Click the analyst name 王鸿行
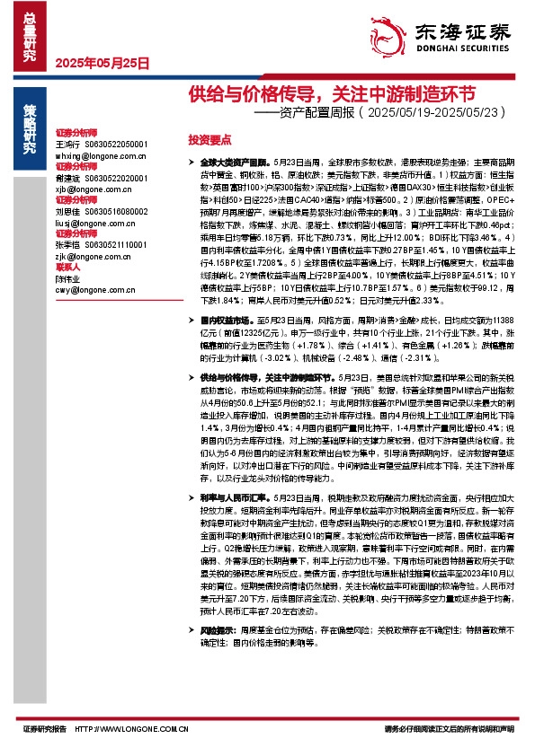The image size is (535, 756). (68, 144)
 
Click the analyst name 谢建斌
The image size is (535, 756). (68, 179)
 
